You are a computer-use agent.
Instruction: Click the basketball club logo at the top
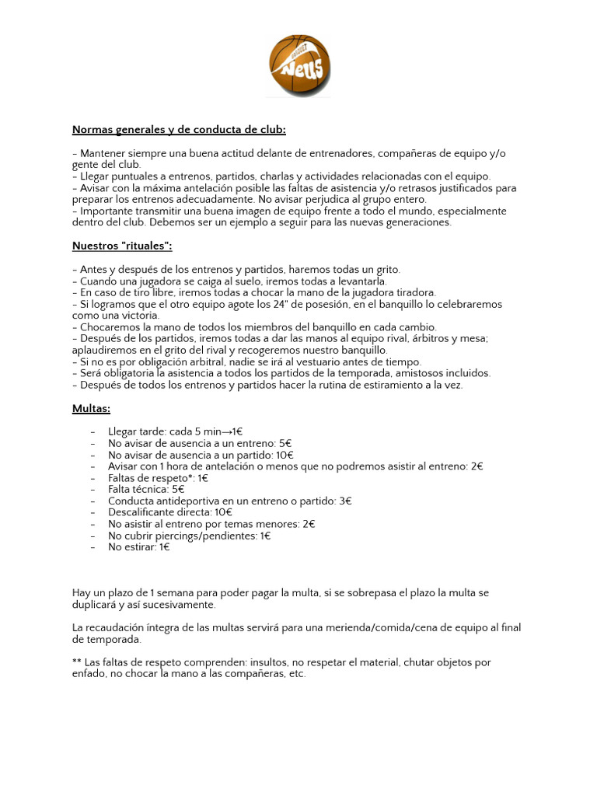point(299,65)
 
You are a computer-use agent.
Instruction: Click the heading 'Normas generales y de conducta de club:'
point(179,130)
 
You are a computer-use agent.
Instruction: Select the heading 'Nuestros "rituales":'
point(122,246)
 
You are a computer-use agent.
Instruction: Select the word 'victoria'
point(137,316)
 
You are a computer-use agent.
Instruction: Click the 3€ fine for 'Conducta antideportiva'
point(345,501)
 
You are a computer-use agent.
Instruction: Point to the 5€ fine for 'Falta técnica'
point(178,490)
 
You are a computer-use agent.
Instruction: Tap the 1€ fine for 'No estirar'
point(164,547)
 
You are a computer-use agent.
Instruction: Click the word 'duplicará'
point(94,605)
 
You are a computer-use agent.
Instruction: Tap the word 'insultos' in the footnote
point(264,662)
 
